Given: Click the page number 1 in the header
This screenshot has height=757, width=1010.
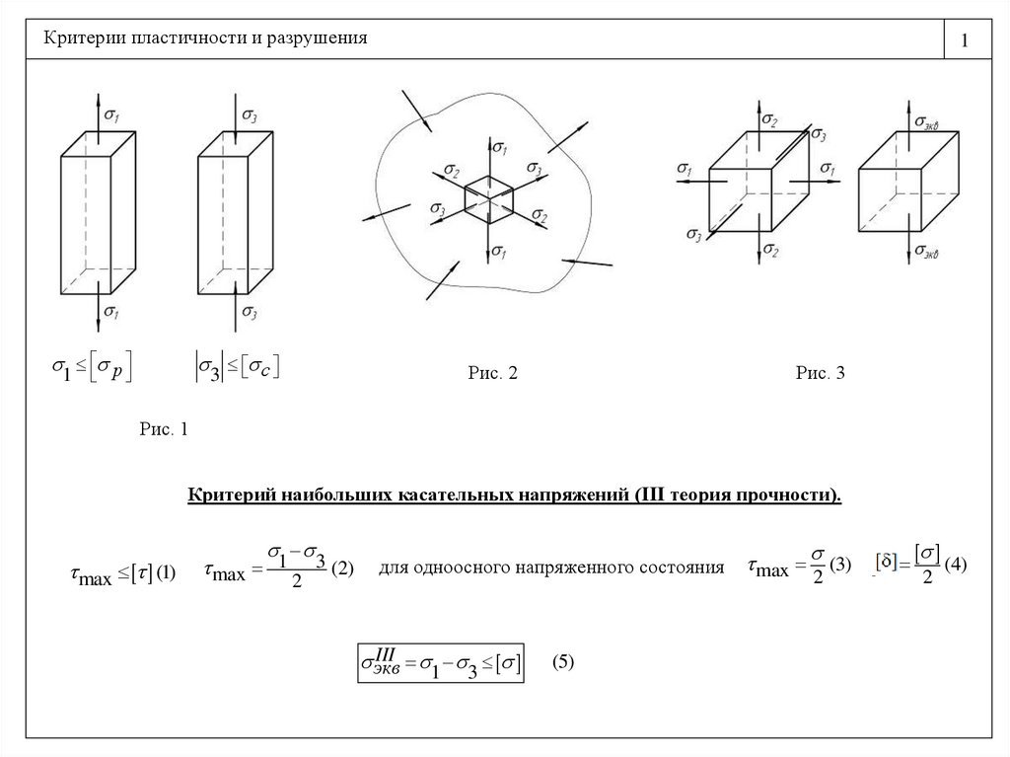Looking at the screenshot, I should (964, 41).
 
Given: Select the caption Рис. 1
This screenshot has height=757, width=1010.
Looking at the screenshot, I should (164, 429).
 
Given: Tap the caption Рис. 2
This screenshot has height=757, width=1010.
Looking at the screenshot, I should (492, 373).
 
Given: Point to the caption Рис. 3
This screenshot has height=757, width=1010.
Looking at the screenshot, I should (821, 373).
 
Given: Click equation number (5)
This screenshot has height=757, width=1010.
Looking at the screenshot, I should (562, 662).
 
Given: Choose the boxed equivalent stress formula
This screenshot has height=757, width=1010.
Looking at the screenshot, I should (440, 663).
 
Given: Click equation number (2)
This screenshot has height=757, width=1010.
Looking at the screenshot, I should (342, 569).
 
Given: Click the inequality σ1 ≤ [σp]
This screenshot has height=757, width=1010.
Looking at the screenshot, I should (92, 369).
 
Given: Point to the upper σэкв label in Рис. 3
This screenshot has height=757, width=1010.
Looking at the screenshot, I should (925, 122).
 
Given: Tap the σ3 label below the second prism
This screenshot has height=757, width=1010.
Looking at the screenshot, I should (250, 314).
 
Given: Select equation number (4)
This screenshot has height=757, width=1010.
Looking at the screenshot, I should (957, 566).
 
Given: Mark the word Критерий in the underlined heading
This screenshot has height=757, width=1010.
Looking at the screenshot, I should (232, 492).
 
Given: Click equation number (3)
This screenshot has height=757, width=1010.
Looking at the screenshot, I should (839, 566).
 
